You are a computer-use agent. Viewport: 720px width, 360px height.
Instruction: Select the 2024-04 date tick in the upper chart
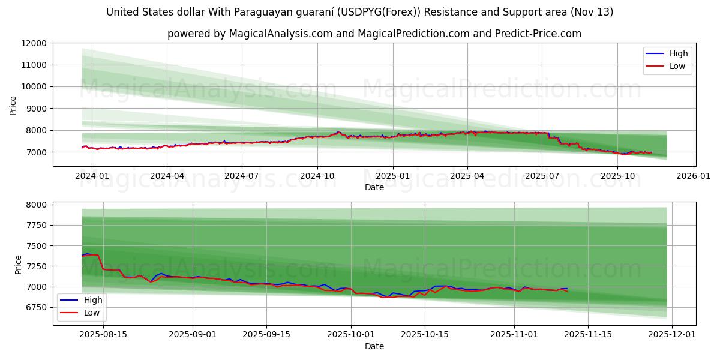[x=167, y=176]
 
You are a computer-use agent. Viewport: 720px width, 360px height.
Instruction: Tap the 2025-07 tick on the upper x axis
[x=542, y=176]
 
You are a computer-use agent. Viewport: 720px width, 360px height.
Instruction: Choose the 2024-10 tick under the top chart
[x=317, y=176]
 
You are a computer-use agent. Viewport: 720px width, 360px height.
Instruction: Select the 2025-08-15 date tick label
[x=104, y=335]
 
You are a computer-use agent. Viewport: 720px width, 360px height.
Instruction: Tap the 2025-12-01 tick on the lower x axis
[x=671, y=335]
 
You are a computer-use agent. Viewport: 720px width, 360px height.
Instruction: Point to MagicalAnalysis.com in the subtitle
[x=281, y=34]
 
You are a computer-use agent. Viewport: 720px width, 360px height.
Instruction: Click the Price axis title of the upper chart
[x=13, y=106]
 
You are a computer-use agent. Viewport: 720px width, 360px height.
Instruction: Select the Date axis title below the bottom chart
[x=374, y=346]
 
